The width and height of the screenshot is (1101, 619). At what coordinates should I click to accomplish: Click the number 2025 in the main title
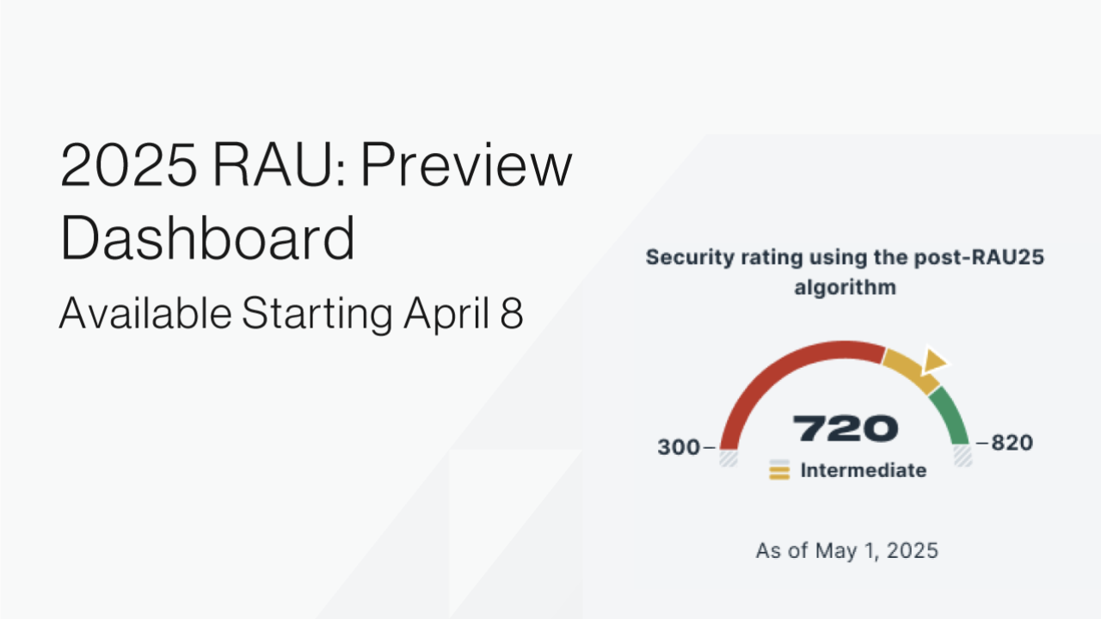(126, 167)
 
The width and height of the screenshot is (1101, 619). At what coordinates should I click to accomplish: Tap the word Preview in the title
(465, 167)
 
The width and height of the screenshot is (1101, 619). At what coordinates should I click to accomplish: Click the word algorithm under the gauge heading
(845, 286)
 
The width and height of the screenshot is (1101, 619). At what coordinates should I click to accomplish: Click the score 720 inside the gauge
(845, 428)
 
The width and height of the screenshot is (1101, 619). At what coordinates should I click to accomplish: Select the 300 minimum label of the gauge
(680, 447)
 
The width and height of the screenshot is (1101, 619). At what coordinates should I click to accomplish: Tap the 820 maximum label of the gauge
(1012, 444)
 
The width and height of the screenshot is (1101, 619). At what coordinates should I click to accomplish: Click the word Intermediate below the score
(863, 470)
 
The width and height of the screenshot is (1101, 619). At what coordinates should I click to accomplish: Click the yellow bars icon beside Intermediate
(779, 470)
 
